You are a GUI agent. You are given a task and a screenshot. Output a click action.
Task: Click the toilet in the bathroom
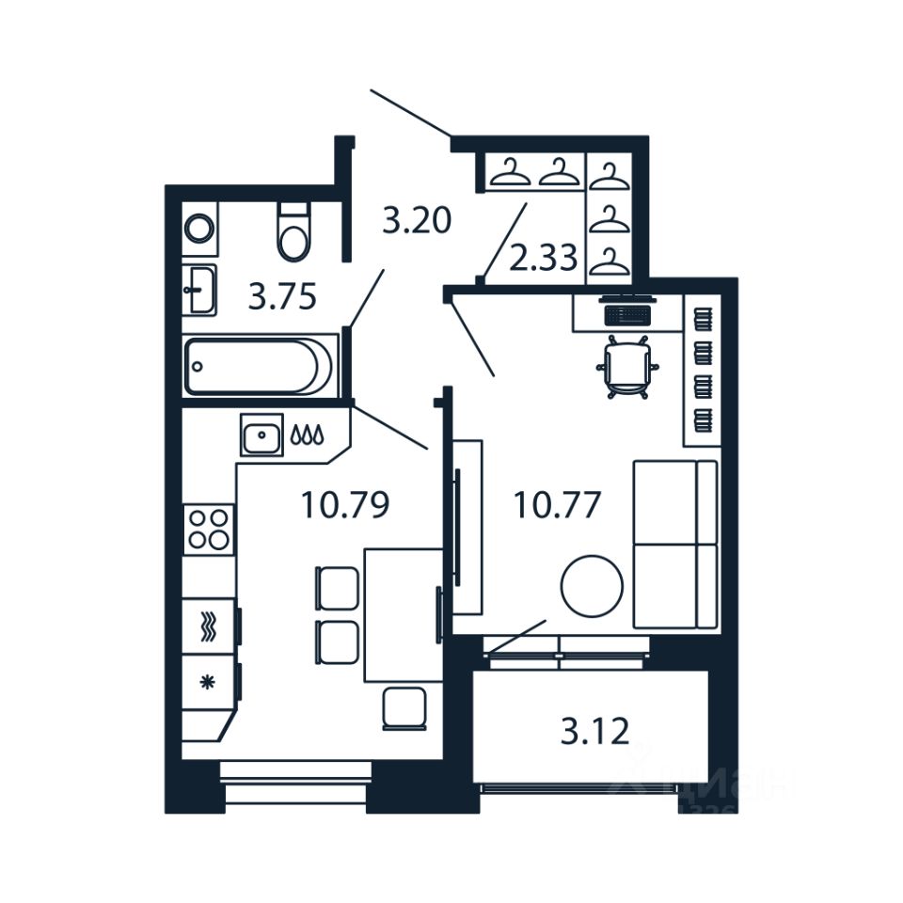(294, 231)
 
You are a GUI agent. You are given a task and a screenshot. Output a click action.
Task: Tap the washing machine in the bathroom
(199, 228)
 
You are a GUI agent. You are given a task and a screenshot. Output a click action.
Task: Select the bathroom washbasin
(199, 289)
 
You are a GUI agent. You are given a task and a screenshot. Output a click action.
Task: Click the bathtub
(258, 366)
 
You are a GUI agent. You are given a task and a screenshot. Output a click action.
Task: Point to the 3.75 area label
(281, 297)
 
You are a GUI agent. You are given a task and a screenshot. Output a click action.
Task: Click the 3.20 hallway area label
(417, 221)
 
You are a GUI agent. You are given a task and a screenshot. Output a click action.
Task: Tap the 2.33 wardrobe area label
(543, 256)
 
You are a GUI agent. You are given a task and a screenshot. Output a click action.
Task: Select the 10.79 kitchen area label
(345, 505)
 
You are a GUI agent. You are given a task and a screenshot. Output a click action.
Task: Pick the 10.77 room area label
(557, 505)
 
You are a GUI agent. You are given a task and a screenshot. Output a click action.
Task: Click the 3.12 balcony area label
(594, 731)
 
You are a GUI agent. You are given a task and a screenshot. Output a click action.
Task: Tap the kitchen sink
(261, 435)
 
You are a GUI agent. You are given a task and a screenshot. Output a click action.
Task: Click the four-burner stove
(208, 528)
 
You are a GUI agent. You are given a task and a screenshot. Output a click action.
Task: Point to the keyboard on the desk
(626, 313)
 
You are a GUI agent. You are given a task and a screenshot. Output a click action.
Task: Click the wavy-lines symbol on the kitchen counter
(209, 626)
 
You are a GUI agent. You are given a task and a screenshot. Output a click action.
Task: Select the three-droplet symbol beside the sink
(308, 435)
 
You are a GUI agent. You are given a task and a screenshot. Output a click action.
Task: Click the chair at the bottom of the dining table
(404, 707)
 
